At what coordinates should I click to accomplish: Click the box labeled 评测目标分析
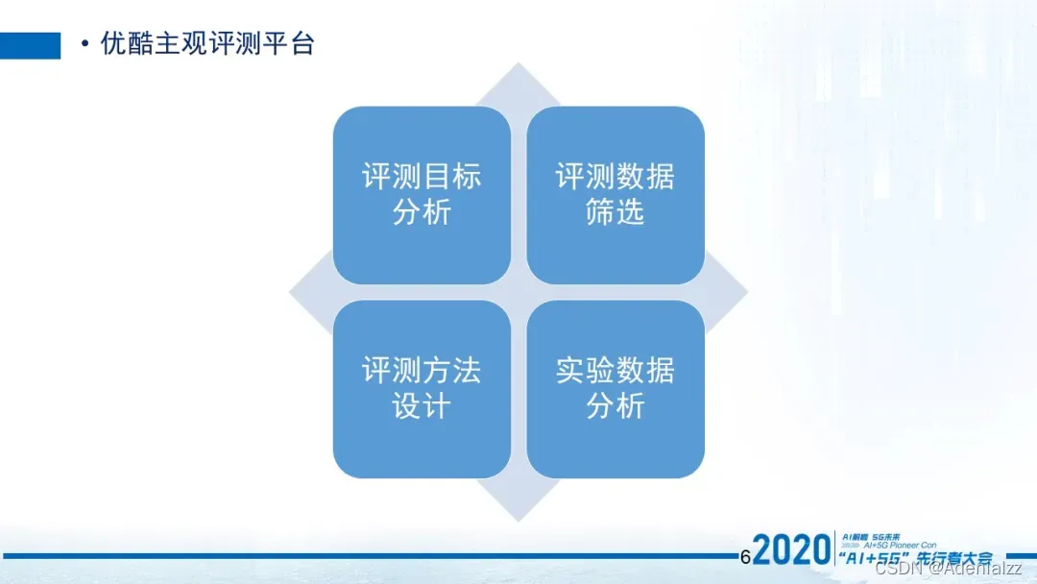point(422,195)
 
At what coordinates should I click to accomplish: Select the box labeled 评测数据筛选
point(615,195)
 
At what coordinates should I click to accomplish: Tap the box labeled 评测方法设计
point(422,389)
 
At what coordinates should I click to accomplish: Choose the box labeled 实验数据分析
point(615,389)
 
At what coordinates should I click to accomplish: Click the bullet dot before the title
point(85,45)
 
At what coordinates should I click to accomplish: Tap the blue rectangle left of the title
point(30,45)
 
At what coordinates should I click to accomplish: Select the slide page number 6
point(745,556)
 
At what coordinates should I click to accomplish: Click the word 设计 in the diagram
point(422,407)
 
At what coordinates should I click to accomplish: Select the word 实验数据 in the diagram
point(615,371)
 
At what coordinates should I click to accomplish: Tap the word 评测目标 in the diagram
point(422,177)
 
